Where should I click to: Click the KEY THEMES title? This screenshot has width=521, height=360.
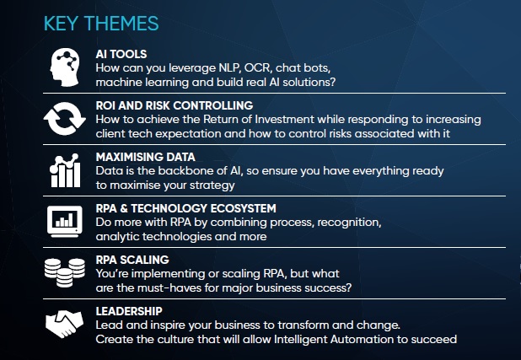(100, 23)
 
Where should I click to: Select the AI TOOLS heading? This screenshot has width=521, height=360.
(123, 54)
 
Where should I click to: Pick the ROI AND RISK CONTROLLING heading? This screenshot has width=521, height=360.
(175, 105)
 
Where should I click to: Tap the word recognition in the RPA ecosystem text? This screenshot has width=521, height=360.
(346, 223)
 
